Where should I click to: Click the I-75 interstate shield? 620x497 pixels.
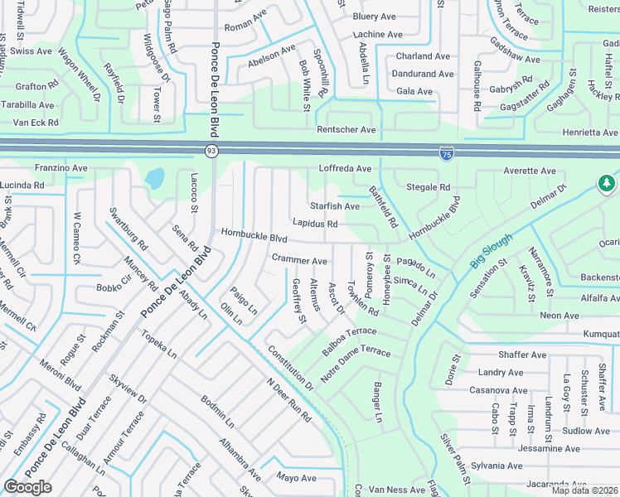pyautogui.click(x=446, y=153)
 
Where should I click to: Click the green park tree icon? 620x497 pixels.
pyautogui.click(x=607, y=182)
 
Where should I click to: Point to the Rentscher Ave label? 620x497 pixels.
pyautogui.click(x=346, y=130)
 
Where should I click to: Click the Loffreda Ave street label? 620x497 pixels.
pyautogui.click(x=346, y=168)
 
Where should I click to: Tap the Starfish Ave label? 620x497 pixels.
pyautogui.click(x=335, y=205)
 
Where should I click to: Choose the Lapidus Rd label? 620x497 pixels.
pyautogui.click(x=315, y=224)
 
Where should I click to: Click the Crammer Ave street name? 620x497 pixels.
pyautogui.click(x=300, y=259)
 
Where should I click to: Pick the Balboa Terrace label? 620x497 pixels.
pyautogui.click(x=350, y=341)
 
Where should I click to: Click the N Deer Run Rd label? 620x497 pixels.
pyautogui.click(x=288, y=400)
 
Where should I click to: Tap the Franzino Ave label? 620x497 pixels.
pyautogui.click(x=60, y=167)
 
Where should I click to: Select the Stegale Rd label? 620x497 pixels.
pyautogui.click(x=428, y=187)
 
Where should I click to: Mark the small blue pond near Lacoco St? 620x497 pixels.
pyautogui.click(x=154, y=178)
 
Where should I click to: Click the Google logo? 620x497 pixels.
pyautogui.click(x=28, y=487)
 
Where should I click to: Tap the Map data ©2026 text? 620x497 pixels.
pyautogui.click(x=585, y=490)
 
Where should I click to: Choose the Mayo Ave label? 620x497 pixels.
pyautogui.click(x=297, y=478)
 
